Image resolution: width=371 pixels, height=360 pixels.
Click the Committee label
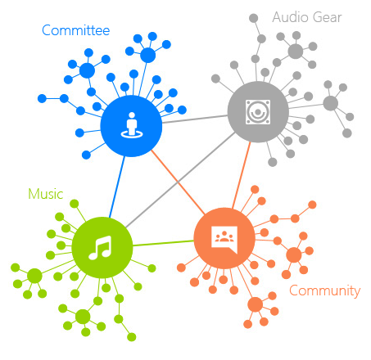tap(76, 30)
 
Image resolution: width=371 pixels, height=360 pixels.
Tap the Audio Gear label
tap(307, 17)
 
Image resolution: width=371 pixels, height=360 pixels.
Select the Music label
tap(46, 194)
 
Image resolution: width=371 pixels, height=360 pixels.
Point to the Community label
tap(325, 291)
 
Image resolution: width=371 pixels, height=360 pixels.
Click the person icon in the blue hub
tap(132, 125)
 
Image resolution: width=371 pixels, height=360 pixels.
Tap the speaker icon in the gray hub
tap(258, 112)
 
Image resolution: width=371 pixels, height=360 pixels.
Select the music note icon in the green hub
tap(101, 248)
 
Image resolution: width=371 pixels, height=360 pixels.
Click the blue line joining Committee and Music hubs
tap(117, 187)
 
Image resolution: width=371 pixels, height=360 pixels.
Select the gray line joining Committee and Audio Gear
tap(195, 119)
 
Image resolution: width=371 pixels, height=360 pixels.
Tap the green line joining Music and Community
tap(163, 243)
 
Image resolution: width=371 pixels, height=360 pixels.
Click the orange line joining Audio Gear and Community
tap(242, 175)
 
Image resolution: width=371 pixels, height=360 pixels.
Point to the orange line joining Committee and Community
tap(178, 182)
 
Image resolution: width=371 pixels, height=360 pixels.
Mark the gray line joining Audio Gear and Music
tap(180, 180)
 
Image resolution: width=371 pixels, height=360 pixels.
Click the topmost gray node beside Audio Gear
tap(254, 18)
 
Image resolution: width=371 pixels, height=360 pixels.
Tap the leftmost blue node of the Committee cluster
tap(42, 98)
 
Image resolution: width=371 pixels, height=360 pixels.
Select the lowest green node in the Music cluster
tap(132, 337)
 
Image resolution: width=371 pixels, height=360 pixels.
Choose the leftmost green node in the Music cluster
tap(16, 268)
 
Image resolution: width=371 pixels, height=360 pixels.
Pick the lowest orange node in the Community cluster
tap(248, 324)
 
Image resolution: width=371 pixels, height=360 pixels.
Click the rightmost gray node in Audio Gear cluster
tap(350, 117)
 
